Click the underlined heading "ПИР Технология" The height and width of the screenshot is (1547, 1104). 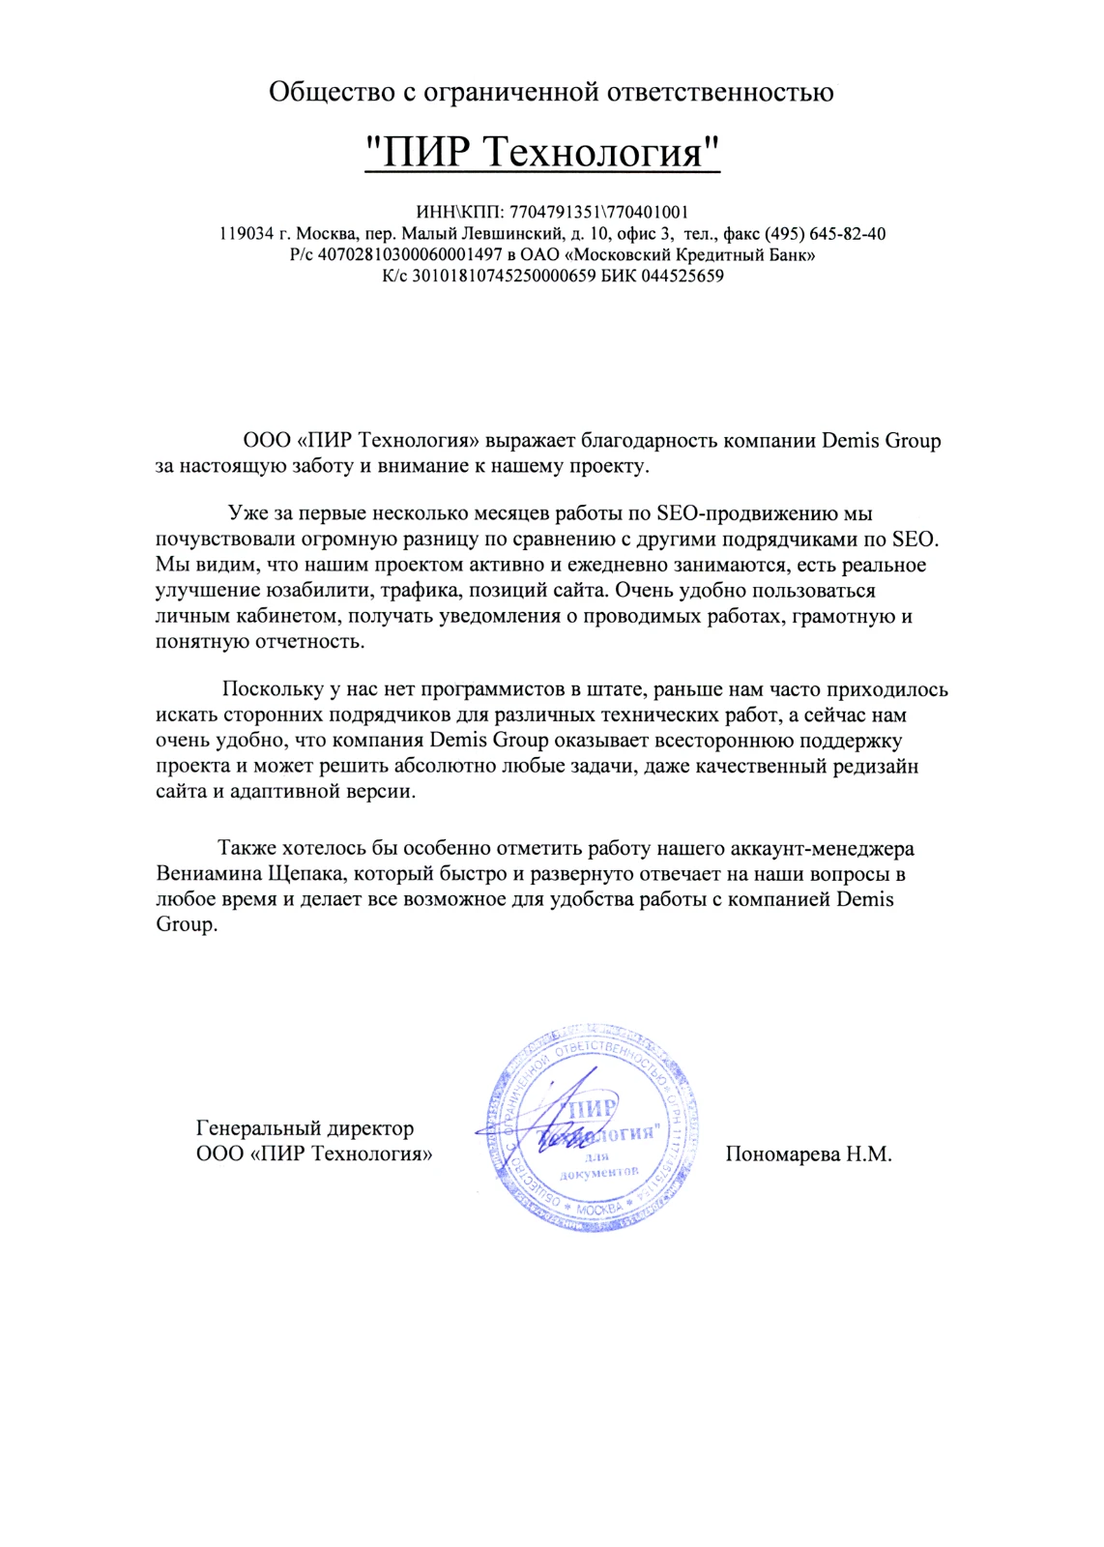[x=542, y=152]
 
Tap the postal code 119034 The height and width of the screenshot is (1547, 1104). [x=246, y=234]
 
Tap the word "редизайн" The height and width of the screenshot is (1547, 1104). [x=874, y=767]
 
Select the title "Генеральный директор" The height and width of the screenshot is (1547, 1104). [x=305, y=1128]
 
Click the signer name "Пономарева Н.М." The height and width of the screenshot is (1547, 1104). [x=808, y=1154]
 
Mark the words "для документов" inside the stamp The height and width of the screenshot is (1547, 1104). [x=598, y=1165]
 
